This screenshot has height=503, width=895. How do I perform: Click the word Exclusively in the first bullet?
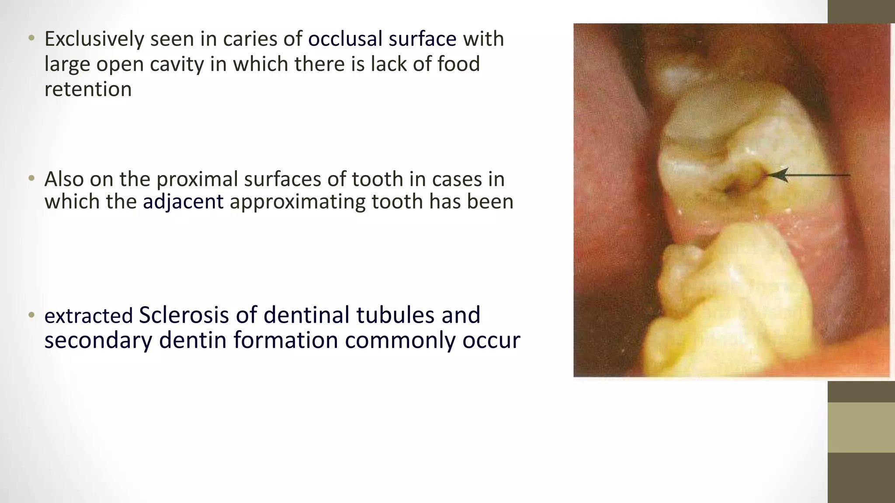94,39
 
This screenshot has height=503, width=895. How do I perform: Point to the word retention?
88,90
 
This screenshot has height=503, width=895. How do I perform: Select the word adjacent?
183,202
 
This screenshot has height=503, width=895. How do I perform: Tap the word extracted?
88,316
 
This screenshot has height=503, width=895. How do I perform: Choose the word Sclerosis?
184,315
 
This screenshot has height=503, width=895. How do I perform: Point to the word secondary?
98,340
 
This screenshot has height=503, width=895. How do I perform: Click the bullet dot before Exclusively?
31,39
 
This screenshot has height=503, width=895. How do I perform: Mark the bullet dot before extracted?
31,315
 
